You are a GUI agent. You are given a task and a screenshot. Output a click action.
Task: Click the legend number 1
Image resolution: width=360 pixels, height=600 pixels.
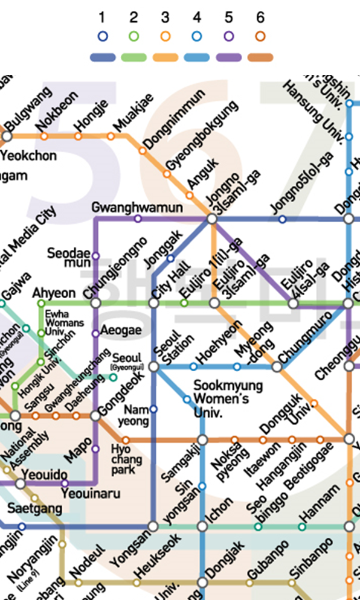(103, 18)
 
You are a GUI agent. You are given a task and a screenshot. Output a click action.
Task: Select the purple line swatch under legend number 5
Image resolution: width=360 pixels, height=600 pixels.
(228, 58)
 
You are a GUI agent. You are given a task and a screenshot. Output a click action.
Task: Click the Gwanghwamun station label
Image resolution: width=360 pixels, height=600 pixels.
(137, 208)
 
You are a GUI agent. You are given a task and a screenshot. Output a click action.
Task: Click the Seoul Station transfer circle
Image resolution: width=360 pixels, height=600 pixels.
(154, 366)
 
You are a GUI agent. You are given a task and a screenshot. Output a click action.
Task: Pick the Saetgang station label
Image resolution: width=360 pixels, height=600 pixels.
(34, 509)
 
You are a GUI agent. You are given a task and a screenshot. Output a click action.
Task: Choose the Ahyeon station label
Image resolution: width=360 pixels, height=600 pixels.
(54, 293)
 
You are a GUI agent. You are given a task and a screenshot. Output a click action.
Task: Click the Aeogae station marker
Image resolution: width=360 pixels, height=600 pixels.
(95, 333)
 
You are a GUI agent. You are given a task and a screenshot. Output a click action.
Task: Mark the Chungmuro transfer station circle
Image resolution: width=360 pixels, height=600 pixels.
(277, 366)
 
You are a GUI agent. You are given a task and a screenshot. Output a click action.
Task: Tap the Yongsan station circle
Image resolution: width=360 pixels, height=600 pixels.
(153, 527)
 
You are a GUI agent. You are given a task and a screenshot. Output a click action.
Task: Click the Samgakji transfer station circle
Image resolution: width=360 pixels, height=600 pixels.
(202, 440)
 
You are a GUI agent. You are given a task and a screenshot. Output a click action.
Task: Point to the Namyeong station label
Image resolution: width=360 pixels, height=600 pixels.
(134, 415)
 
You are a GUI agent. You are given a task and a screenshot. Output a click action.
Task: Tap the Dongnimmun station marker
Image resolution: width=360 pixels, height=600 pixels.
(143, 150)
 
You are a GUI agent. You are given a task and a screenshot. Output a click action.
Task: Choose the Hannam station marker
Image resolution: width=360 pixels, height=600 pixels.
(302, 527)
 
